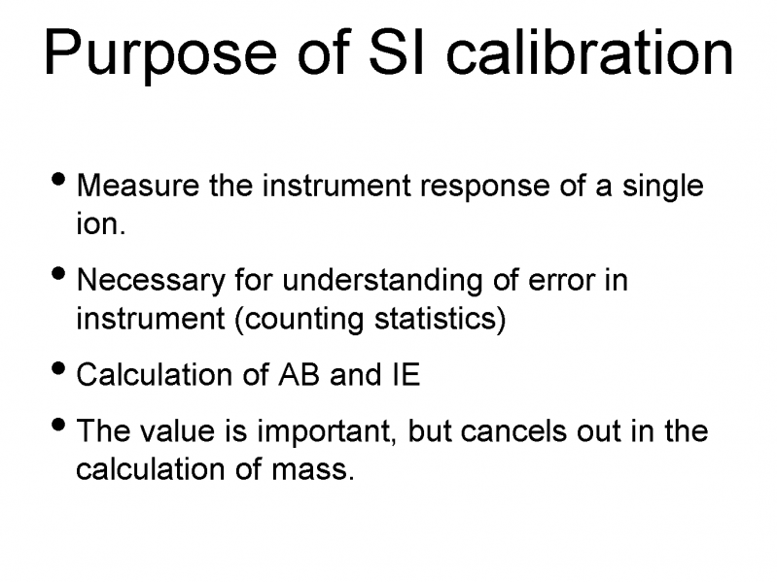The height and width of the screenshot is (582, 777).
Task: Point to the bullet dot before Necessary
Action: pos(59,274)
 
